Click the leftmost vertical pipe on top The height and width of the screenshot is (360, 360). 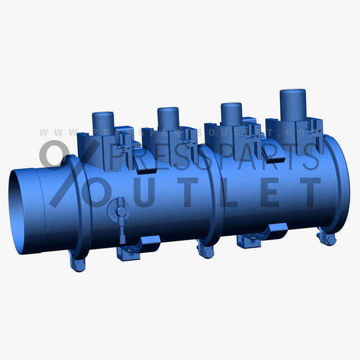click(103, 122)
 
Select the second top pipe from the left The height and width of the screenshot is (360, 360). click(168, 118)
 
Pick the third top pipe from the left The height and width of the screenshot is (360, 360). click(231, 114)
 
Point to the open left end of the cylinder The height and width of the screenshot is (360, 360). click(23, 211)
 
